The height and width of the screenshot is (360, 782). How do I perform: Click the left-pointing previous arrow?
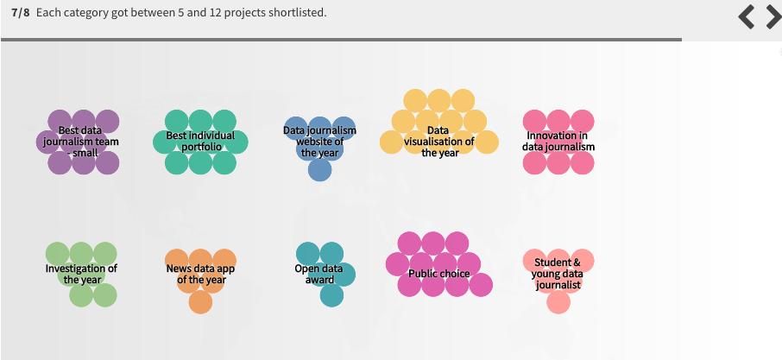[x=746, y=17]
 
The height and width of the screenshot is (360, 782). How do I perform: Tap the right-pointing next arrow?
[x=774, y=17]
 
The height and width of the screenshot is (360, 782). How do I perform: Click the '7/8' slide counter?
[x=21, y=12]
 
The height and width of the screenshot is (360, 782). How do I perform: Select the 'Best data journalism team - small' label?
[x=81, y=142]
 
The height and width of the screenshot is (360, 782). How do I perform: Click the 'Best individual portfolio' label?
[x=200, y=141]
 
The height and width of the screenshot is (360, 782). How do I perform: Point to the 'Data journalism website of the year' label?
[x=319, y=142]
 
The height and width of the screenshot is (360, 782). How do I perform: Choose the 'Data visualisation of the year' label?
[x=438, y=142]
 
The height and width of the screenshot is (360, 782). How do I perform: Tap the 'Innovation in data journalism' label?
[x=558, y=141]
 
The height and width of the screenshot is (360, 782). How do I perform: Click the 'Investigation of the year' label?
[x=81, y=274]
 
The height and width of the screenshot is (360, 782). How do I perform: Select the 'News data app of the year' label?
[x=200, y=274]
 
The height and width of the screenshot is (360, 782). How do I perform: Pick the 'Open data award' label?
[x=319, y=274]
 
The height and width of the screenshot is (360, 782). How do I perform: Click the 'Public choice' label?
[x=438, y=274]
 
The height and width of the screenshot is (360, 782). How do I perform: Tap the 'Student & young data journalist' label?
[x=558, y=274]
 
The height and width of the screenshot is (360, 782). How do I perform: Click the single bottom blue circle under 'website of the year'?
[x=319, y=169]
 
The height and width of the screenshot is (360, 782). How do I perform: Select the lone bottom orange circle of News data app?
[x=200, y=302]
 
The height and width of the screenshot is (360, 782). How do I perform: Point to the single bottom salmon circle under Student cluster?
[x=558, y=302]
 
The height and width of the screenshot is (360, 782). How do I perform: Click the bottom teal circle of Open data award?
[x=331, y=295]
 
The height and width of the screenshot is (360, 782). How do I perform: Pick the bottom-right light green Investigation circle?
[x=104, y=295]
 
